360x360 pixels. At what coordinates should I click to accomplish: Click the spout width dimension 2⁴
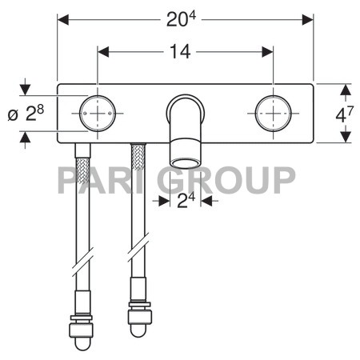(x=186, y=201)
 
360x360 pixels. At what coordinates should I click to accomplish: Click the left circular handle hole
(x=98, y=113)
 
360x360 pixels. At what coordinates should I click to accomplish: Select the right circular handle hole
(x=273, y=113)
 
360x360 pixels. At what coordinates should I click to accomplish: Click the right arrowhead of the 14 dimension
(x=268, y=51)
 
